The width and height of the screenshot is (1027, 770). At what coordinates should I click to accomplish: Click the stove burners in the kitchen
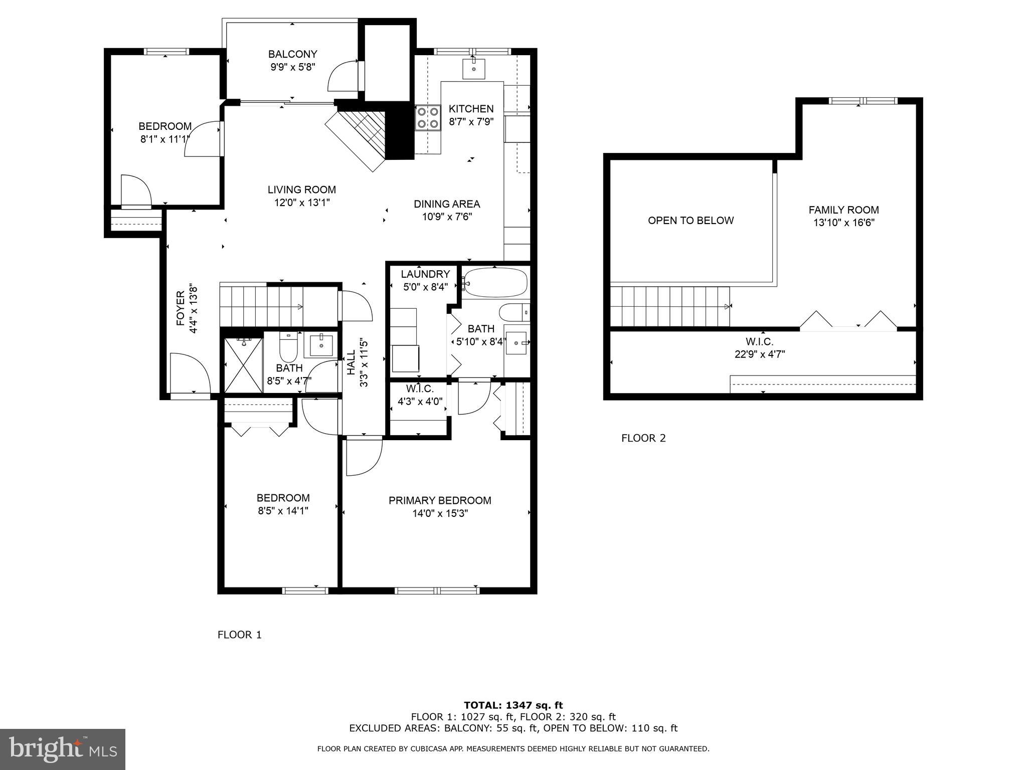point(427,117)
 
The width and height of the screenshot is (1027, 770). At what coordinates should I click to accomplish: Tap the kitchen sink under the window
point(473,68)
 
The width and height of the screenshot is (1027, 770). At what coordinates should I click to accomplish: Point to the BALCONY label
point(292,54)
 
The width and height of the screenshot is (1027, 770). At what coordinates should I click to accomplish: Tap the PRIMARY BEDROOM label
point(440,500)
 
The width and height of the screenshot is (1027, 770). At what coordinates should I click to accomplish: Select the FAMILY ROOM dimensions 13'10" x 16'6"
point(843,223)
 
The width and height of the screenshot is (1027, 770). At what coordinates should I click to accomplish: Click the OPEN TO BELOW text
point(691,221)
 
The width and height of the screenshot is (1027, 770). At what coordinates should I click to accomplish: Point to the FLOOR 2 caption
point(643,438)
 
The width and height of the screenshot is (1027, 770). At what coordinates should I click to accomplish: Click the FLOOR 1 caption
point(239,635)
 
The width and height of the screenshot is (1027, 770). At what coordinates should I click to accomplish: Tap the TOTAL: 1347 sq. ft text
point(513,705)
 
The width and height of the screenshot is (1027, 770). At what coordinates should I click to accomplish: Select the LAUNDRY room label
point(425,274)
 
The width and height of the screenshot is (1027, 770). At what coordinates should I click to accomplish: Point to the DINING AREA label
point(446,204)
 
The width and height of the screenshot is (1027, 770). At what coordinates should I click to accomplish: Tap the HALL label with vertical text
point(351,362)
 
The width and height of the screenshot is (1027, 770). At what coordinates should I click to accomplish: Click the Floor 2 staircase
point(669,306)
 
